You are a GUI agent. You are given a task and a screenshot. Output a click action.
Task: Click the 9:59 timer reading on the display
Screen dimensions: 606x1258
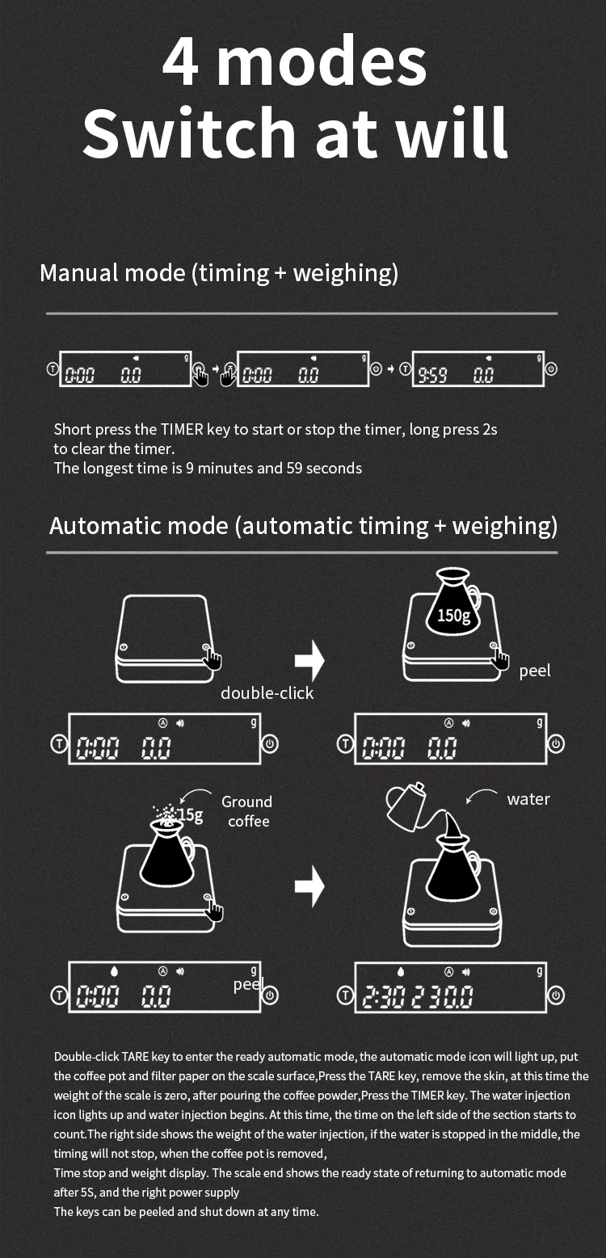pos(433,375)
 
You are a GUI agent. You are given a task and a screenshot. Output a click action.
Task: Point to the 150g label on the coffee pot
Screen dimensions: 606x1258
pos(453,616)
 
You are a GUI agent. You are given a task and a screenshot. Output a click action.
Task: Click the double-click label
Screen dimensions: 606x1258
pos(267,692)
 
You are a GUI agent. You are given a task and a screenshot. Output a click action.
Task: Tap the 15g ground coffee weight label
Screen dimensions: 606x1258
pos(190,814)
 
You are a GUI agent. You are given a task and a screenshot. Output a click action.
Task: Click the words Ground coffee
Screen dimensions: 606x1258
pos(246,811)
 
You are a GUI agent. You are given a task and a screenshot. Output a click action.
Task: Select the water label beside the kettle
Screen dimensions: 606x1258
pos(528,799)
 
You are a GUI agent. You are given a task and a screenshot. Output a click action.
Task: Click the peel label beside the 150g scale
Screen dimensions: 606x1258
pos(535,671)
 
